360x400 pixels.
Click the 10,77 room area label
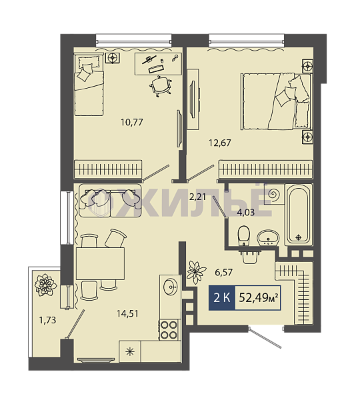coord(132,122)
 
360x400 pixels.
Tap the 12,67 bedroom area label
coord(220,143)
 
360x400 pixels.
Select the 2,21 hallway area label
coord(197,197)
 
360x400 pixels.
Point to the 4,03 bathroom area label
coord(246,212)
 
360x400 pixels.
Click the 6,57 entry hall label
coord(224,273)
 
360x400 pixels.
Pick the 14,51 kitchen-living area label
coord(127,313)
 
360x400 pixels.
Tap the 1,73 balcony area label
coord(47,319)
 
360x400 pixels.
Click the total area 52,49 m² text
coord(258,297)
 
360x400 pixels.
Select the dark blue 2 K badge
coord(222,298)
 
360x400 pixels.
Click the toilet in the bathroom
coord(243,236)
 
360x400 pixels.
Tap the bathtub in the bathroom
coord(299,215)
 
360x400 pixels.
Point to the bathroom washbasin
coord(268,237)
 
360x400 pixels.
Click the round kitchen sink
coord(171,287)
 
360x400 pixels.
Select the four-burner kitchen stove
coord(169,329)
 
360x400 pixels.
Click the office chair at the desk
coord(160,87)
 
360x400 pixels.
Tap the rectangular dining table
coord(100,263)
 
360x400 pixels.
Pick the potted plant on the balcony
coord(45,285)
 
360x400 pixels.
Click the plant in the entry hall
coord(196,272)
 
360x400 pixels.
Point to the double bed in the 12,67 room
coord(277,101)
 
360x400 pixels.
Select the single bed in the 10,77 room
coord(89,84)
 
